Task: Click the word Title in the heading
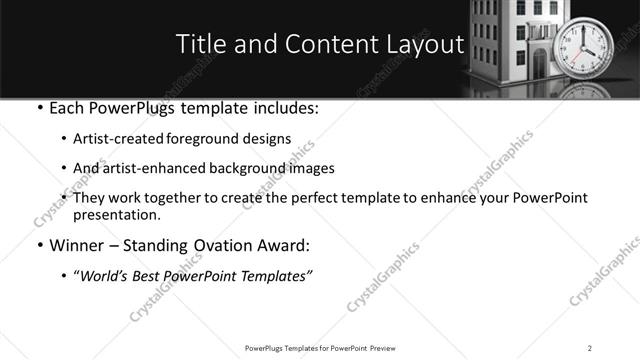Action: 199,44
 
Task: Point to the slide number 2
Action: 590,347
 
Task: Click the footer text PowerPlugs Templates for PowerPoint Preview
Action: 319,347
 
